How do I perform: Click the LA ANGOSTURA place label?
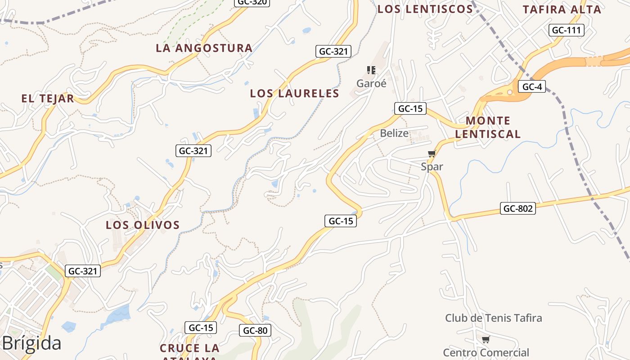click(204, 48)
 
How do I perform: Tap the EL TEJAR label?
click(48, 99)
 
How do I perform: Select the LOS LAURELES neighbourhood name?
click(294, 94)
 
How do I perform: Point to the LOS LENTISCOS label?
click(425, 9)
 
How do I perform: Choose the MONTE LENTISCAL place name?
click(488, 127)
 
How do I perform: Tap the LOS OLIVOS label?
click(143, 225)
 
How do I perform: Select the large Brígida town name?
click(31, 343)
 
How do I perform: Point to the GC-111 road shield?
click(567, 30)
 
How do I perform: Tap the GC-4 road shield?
click(531, 86)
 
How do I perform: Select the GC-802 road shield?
click(517, 208)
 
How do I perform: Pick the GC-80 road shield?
click(255, 330)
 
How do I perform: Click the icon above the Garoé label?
click(371, 70)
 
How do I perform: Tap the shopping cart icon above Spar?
click(432, 154)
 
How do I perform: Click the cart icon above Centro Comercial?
click(486, 339)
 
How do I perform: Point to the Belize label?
click(394, 133)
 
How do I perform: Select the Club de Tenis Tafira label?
click(493, 318)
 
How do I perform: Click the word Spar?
click(432, 166)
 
